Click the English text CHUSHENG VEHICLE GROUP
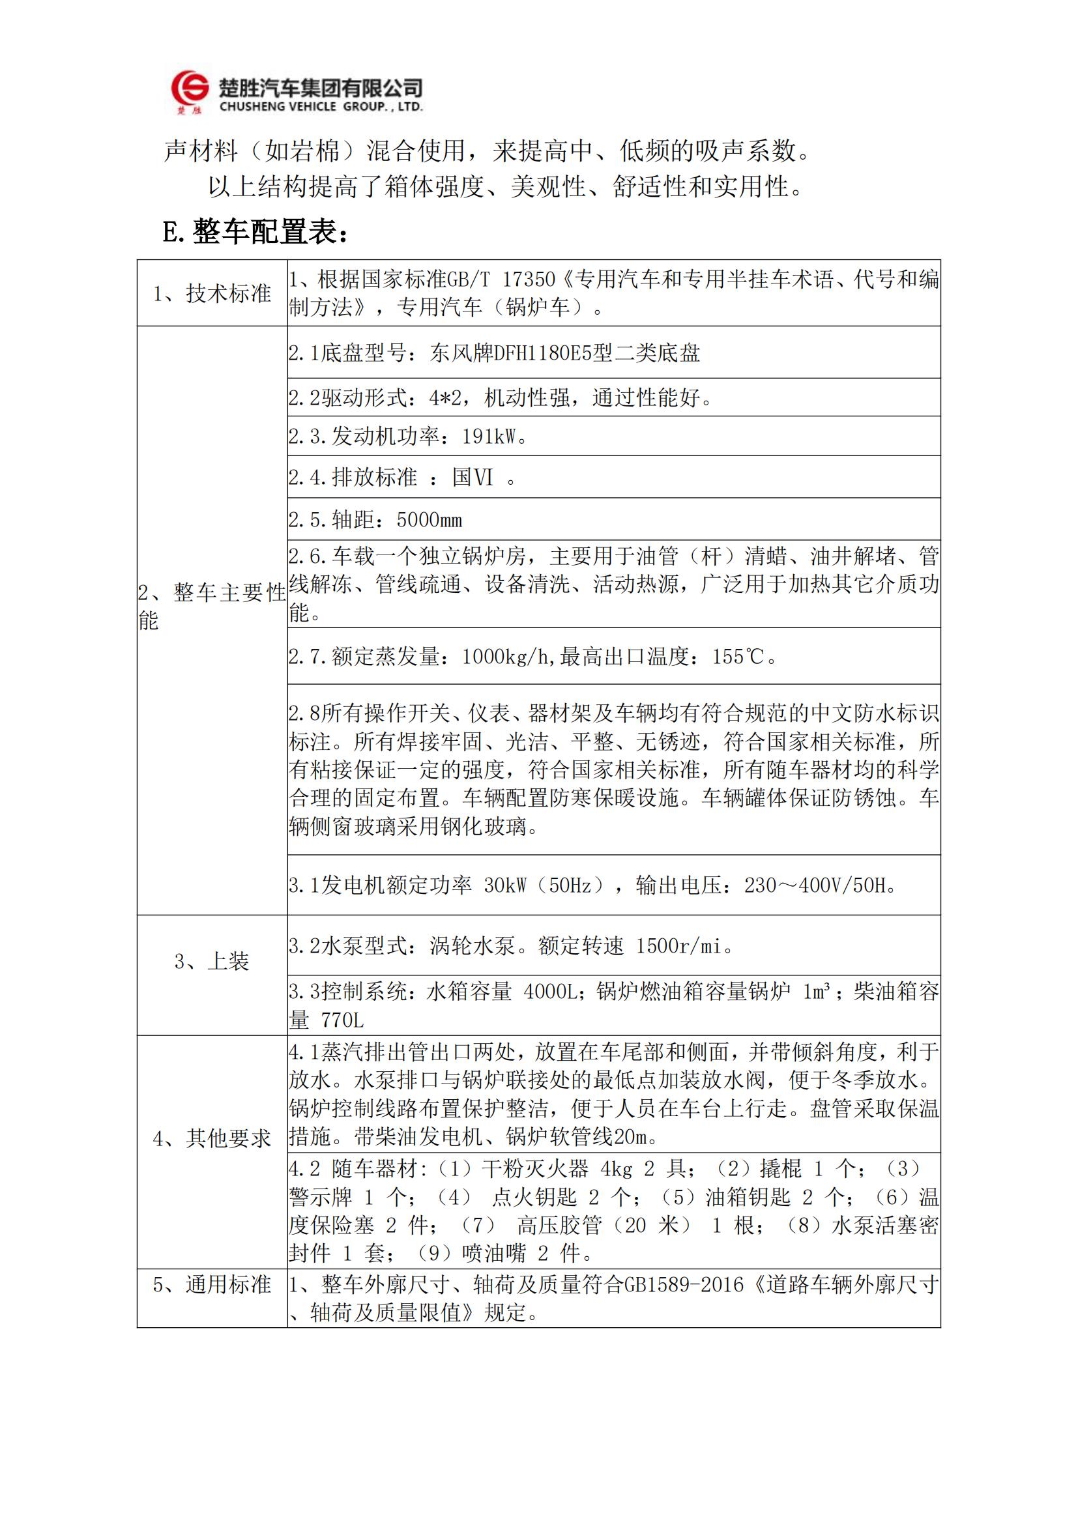tap(320, 107)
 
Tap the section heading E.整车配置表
tap(255, 233)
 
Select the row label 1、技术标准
tap(212, 293)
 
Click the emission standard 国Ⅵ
tap(473, 477)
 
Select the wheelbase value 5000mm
tap(429, 520)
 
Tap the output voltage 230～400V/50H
tap(821, 885)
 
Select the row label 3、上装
tap(212, 961)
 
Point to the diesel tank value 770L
tap(342, 1020)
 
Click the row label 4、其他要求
tap(212, 1139)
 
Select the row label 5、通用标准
tap(212, 1285)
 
